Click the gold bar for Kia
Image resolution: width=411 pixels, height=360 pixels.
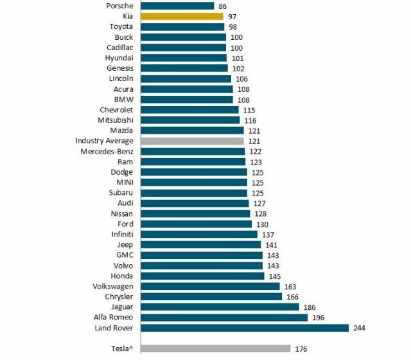point(182,16)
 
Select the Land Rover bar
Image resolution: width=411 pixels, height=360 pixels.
point(244,328)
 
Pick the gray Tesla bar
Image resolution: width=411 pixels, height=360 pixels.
point(215,349)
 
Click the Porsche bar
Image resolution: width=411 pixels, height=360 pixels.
point(177,6)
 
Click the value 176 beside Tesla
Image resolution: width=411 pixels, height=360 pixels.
point(301,349)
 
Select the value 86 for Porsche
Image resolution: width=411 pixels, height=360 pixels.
point(223,6)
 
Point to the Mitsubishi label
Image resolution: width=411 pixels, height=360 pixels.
point(115,120)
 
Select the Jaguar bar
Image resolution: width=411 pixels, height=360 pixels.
point(219,307)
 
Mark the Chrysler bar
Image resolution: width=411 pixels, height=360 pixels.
point(211,296)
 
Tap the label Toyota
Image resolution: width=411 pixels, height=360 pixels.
point(121,27)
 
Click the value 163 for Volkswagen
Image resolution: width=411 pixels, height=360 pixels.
point(290,286)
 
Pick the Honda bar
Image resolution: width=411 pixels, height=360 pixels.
point(202,276)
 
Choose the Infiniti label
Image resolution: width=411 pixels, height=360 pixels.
point(122,234)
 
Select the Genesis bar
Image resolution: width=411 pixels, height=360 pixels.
point(184,68)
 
